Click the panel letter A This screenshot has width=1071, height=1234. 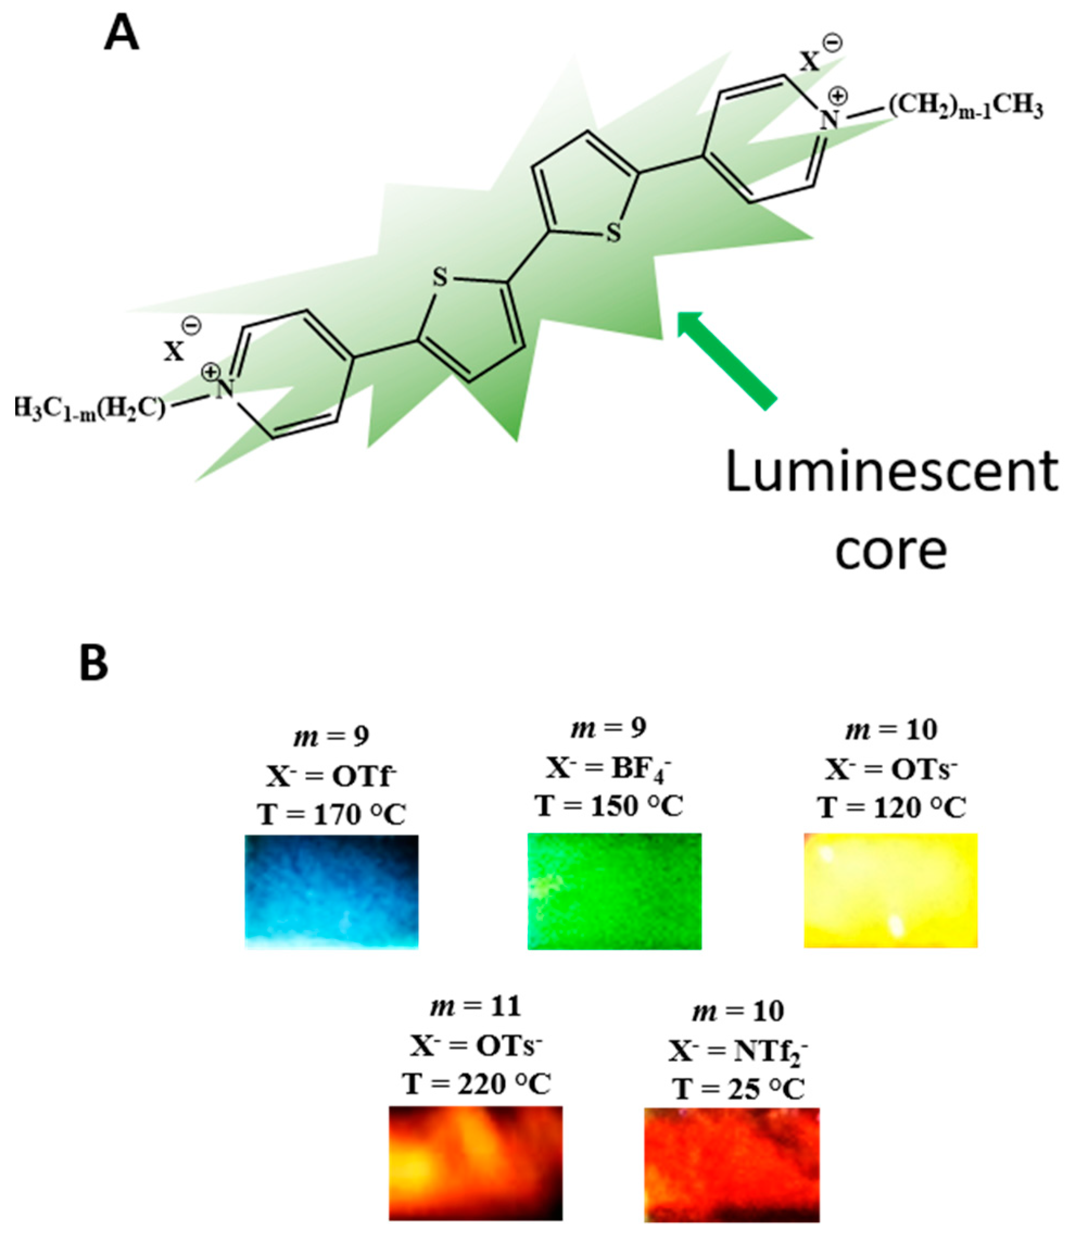click(x=122, y=35)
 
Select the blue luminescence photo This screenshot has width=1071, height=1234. click(x=332, y=891)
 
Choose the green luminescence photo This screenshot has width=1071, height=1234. click(x=614, y=891)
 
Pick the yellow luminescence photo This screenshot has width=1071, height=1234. click(x=890, y=890)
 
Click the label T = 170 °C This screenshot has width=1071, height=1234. click(x=332, y=814)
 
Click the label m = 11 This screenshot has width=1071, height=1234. click(x=476, y=1006)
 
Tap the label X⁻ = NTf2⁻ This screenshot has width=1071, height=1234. click(x=738, y=1051)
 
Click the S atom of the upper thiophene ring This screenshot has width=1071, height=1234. click(x=613, y=233)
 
